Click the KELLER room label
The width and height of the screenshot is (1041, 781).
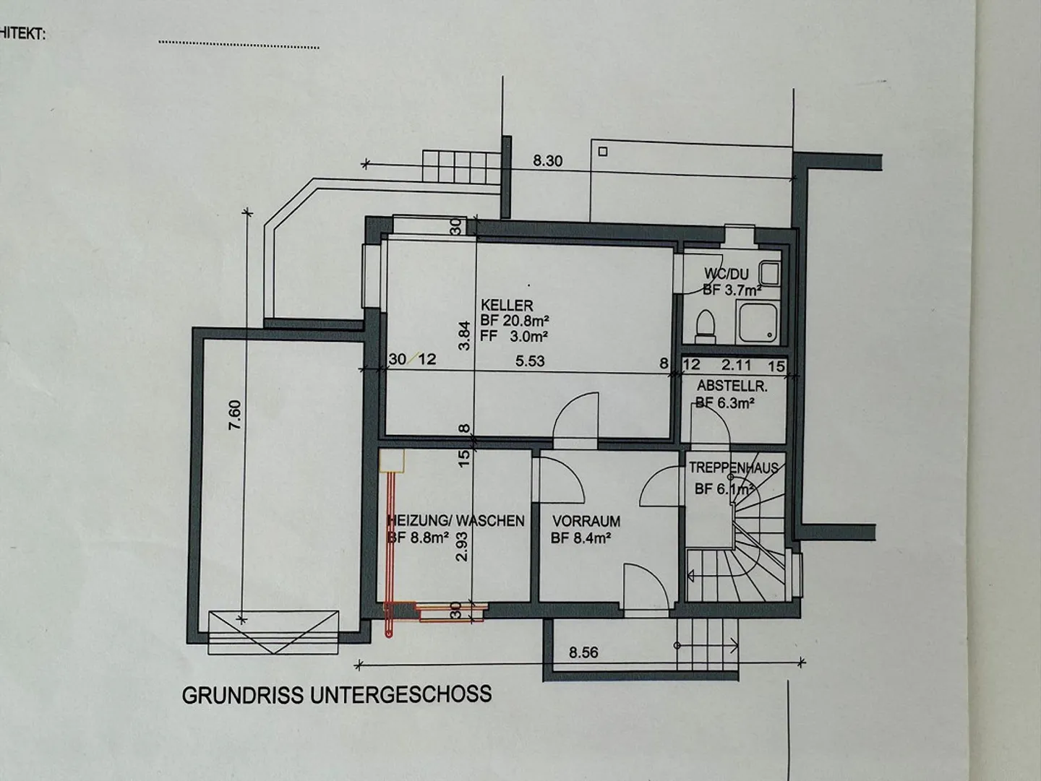pyautogui.click(x=507, y=306)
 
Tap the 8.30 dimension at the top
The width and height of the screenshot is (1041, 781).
pyautogui.click(x=547, y=161)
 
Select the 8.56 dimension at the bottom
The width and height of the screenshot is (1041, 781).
pyautogui.click(x=583, y=653)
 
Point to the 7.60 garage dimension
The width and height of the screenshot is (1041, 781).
pyautogui.click(x=235, y=415)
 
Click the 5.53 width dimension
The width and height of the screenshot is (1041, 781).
pyautogui.click(x=530, y=360)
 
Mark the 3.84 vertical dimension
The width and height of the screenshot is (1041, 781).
pyautogui.click(x=465, y=335)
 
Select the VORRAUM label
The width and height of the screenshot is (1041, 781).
pyautogui.click(x=586, y=521)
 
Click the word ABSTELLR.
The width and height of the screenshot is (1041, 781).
pyautogui.click(x=732, y=387)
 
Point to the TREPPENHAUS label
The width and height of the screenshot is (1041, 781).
pyautogui.click(x=733, y=468)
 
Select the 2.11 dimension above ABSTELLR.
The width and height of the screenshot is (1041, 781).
pyautogui.click(x=736, y=366)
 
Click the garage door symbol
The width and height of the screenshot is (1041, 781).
pyautogui.click(x=273, y=632)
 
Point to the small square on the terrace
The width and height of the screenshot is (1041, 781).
pyautogui.click(x=603, y=152)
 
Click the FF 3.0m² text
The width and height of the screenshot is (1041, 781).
pyautogui.click(x=513, y=336)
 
